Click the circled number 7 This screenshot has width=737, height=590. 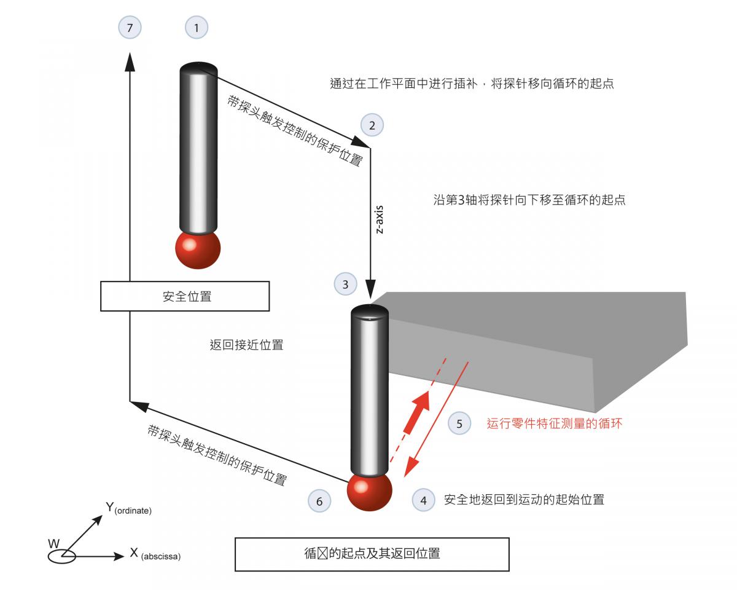click(130, 28)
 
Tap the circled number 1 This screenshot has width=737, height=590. click(197, 28)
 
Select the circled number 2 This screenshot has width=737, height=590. click(372, 125)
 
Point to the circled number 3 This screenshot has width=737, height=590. click(345, 284)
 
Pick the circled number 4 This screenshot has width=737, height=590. click(423, 500)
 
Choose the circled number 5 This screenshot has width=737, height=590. click(459, 423)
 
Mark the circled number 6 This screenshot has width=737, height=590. click(319, 501)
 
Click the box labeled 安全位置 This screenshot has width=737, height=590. click(185, 296)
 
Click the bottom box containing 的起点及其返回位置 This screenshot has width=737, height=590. click(372, 554)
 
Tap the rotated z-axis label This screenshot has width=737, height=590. click(379, 219)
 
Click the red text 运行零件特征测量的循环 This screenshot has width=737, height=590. click(554, 423)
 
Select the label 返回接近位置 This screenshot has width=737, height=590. click(246, 345)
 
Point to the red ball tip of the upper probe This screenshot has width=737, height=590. click(198, 250)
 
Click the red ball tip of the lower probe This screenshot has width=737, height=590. click(369, 492)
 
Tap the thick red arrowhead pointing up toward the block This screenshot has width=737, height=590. click(421, 402)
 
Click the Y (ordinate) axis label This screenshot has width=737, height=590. click(128, 508)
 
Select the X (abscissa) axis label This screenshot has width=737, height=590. click(155, 554)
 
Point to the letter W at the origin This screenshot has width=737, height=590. click(54, 544)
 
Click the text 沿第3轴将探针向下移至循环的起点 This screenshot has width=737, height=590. click(529, 200)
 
